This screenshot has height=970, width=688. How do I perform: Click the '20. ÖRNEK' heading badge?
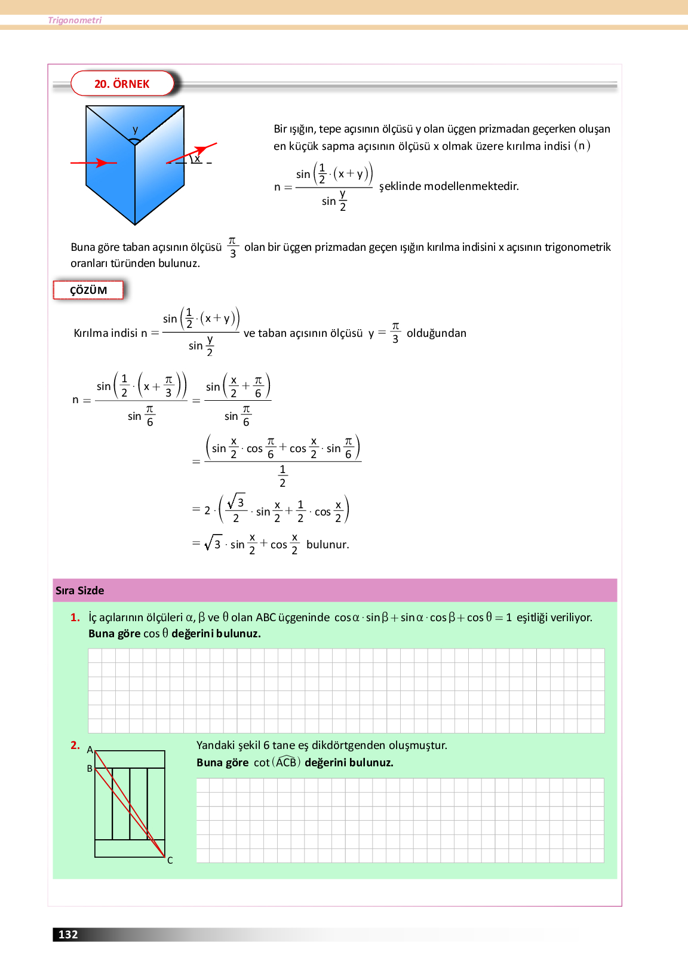click(x=122, y=84)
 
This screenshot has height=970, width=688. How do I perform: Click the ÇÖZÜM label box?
click(x=88, y=290)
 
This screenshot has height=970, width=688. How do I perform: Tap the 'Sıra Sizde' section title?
click(x=80, y=590)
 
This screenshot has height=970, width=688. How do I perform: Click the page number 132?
click(x=68, y=934)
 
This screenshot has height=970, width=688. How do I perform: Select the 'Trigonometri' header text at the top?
click(x=75, y=20)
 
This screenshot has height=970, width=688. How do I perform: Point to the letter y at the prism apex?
click(x=136, y=130)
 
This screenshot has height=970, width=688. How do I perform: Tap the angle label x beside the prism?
click(x=197, y=158)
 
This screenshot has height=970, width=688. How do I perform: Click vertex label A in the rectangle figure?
click(x=90, y=750)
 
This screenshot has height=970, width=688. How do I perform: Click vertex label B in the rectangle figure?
click(x=90, y=769)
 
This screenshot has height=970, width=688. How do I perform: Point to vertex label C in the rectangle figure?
click(x=170, y=860)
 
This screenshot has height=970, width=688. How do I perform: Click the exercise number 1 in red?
click(x=75, y=617)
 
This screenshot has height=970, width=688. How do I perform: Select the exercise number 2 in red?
click(x=75, y=745)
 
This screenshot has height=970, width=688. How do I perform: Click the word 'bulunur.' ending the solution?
click(x=327, y=544)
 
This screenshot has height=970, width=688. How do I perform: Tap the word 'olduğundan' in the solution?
click(x=436, y=333)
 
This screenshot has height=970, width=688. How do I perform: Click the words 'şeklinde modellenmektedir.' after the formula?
click(x=449, y=186)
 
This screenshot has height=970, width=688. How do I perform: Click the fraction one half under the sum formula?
click(x=282, y=476)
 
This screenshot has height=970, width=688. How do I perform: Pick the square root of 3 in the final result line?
click(x=213, y=543)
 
